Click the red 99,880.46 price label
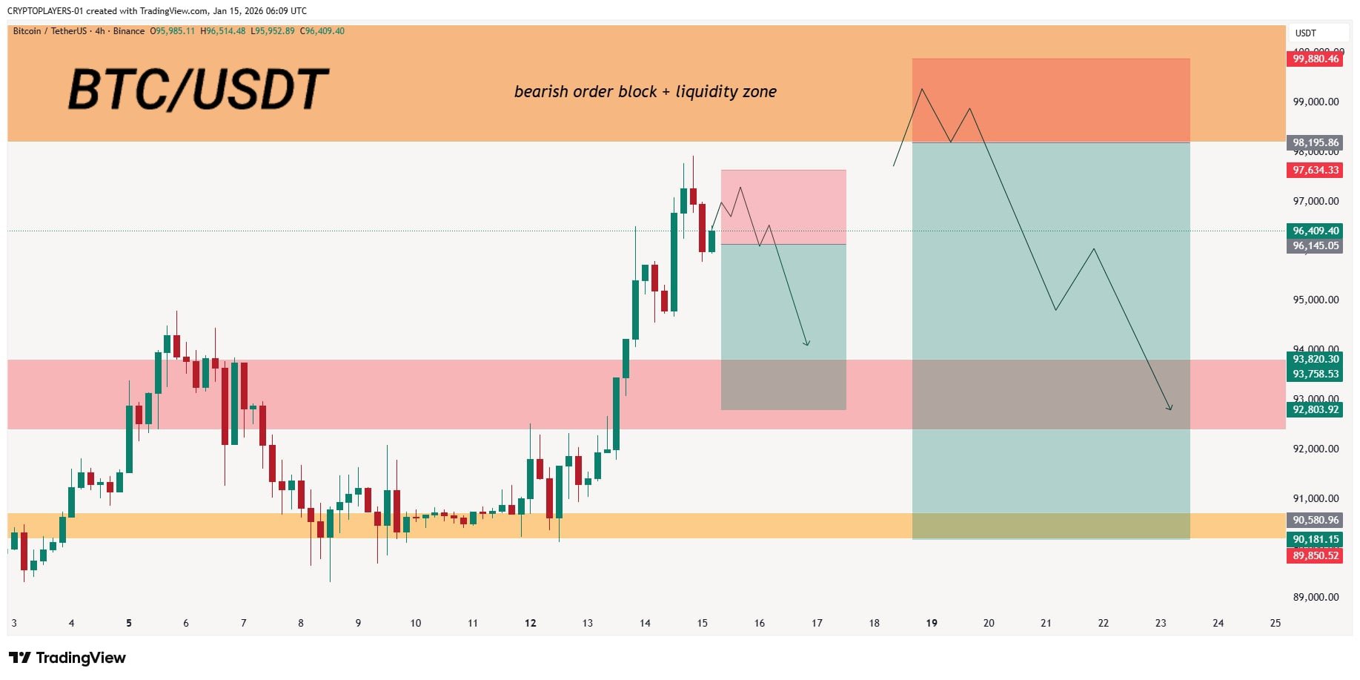1316,59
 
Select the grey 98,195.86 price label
1316,142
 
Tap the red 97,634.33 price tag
1316,170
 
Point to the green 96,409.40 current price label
1316,231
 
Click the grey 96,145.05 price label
1316,245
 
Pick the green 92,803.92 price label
1316,409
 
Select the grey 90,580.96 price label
1316,520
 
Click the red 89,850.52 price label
1316,555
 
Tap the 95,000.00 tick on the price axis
1316,300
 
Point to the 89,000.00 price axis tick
1316,597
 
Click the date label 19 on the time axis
932,623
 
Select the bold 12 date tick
530,623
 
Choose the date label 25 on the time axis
1275,623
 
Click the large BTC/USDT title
198,90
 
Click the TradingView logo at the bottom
67,658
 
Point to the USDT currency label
1305,33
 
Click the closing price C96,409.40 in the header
322,31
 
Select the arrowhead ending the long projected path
1170,408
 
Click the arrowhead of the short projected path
807,344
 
